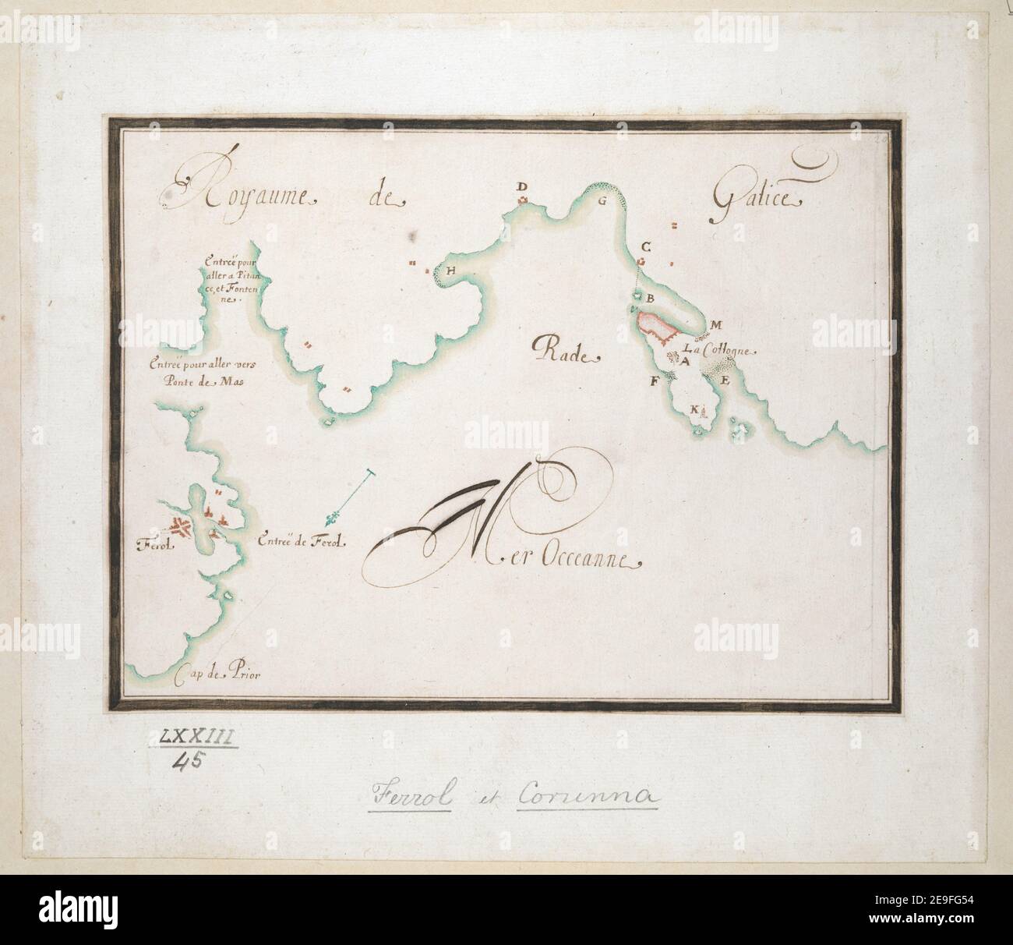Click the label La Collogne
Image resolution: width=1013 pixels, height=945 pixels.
coord(718,350)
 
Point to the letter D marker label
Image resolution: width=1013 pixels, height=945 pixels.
coord(524,186)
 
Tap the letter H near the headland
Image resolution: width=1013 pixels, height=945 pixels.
coord(450,270)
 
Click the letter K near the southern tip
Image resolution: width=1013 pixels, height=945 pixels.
coord(694,409)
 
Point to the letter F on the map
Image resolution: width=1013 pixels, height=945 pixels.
coord(655,381)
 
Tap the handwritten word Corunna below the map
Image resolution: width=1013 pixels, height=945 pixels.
coord(591,796)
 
